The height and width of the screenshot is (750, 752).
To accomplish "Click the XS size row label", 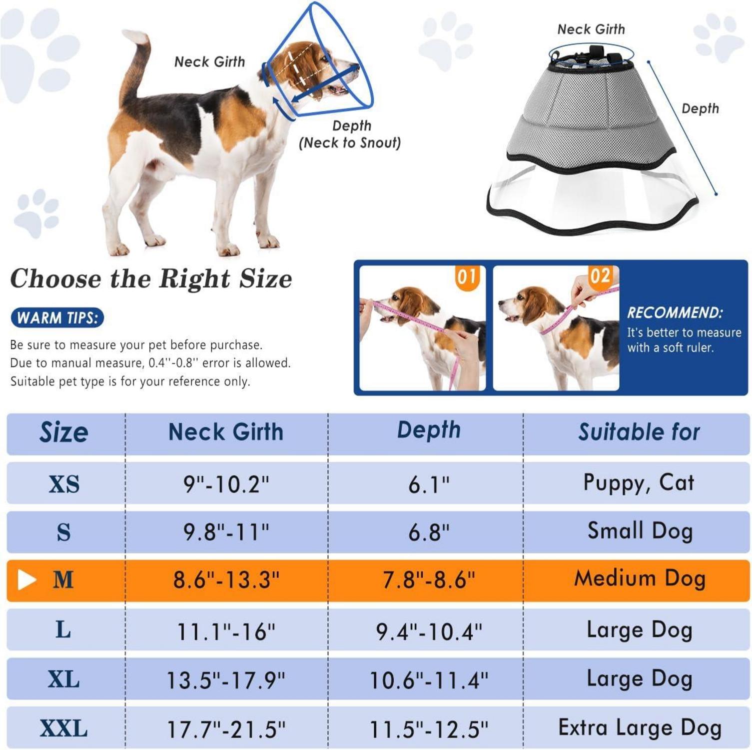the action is (x=64, y=484).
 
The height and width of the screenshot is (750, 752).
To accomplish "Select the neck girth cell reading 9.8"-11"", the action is (x=226, y=532).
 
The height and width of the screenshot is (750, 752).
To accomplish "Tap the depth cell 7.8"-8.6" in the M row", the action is (x=429, y=580).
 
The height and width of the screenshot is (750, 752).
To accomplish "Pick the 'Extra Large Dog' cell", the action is (x=640, y=727).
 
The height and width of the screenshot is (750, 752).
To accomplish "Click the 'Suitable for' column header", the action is (x=639, y=432).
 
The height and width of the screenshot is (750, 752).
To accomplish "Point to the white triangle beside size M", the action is (x=26, y=580).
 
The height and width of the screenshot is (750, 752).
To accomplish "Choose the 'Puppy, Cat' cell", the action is (x=639, y=483).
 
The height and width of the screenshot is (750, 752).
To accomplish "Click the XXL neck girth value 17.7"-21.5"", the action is (x=226, y=729).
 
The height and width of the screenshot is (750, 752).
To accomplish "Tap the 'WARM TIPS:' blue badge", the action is (x=57, y=318).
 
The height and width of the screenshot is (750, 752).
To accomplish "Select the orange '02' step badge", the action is (x=600, y=276).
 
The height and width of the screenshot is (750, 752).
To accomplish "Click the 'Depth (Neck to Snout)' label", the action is (x=350, y=134).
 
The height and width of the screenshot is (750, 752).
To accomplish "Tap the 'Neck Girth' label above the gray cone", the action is (x=591, y=29).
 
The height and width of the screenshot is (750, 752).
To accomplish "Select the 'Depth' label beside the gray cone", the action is (x=700, y=108).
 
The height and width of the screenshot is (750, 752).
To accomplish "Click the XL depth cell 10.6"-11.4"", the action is (x=429, y=680).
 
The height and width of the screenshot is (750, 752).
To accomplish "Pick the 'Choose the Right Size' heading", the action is (x=151, y=278).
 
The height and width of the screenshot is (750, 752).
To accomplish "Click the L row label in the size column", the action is (x=63, y=629).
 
